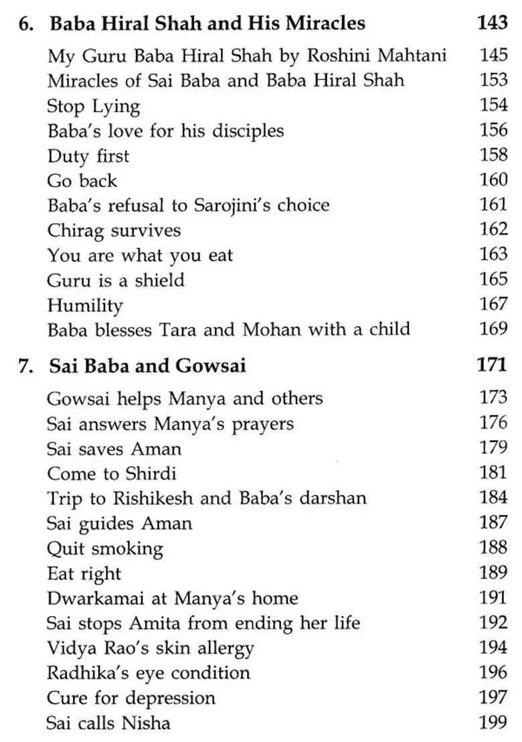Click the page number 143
[493, 23]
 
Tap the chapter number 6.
[25, 24]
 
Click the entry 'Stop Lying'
[93, 106]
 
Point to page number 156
[494, 130]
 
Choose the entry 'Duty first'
[88, 156]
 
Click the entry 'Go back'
[82, 181]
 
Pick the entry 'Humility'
[85, 305]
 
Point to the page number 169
[494, 329]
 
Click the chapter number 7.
[25, 366]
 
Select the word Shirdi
[151, 474]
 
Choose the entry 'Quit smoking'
[104, 548]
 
